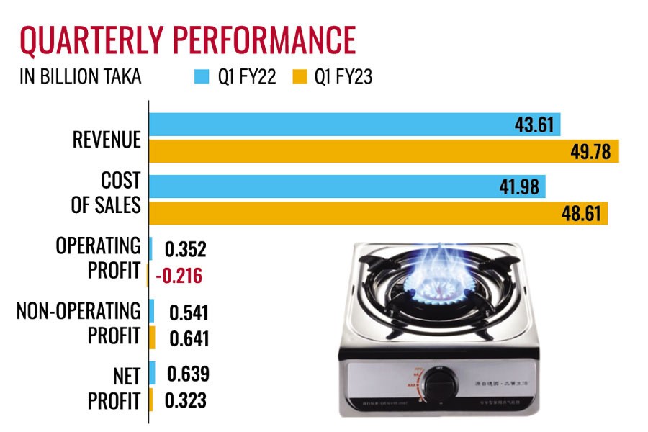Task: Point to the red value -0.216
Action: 179,276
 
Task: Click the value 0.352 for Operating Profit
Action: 186,250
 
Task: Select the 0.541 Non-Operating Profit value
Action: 189,313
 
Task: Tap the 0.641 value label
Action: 189,338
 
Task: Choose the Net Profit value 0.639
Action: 188,375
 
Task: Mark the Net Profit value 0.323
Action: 186,400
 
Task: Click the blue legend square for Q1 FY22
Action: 202,77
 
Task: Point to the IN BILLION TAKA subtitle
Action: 81,77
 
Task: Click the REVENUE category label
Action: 107,140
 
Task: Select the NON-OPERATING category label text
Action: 78,312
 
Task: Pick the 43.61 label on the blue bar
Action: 534,125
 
